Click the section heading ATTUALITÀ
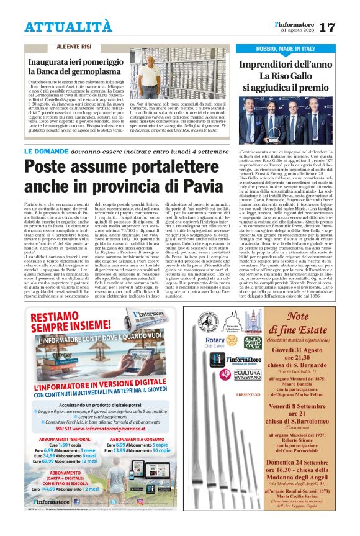click(68, 26)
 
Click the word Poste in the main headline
click(52, 169)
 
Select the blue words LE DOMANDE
click(44, 151)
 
